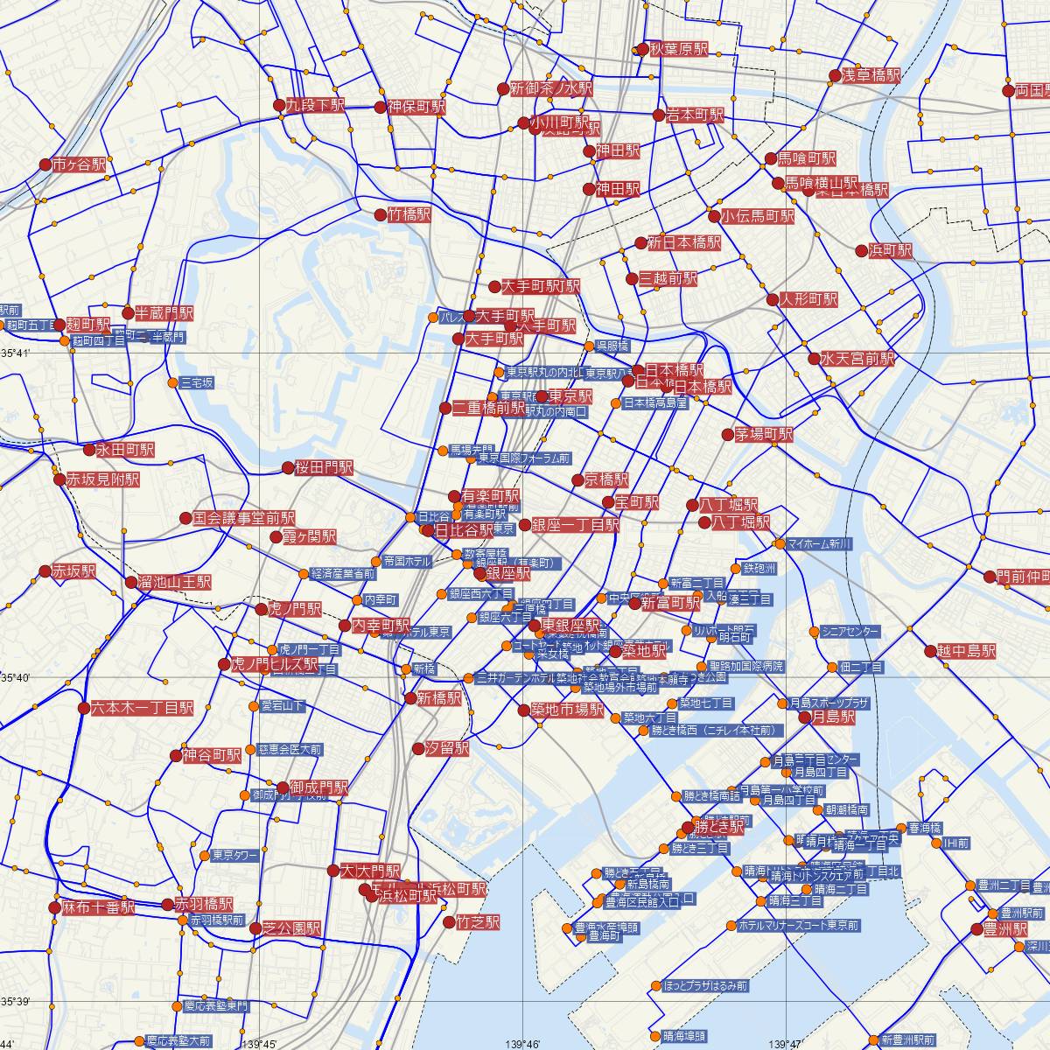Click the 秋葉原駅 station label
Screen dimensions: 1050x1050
point(678,50)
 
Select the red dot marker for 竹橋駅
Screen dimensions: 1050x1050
point(381,214)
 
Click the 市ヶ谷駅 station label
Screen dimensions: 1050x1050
point(79,164)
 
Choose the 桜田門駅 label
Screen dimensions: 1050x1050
point(324,468)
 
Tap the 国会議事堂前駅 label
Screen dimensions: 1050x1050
point(244,518)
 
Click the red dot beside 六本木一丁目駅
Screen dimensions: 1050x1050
point(84,708)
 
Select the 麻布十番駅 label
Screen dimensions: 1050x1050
point(98,907)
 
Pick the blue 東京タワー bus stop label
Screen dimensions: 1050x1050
point(233,855)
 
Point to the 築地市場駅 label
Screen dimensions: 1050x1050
point(567,710)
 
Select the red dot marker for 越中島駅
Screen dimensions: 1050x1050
point(930,651)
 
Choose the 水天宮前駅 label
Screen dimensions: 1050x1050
point(857,359)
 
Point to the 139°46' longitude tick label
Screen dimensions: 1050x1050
point(521,1044)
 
